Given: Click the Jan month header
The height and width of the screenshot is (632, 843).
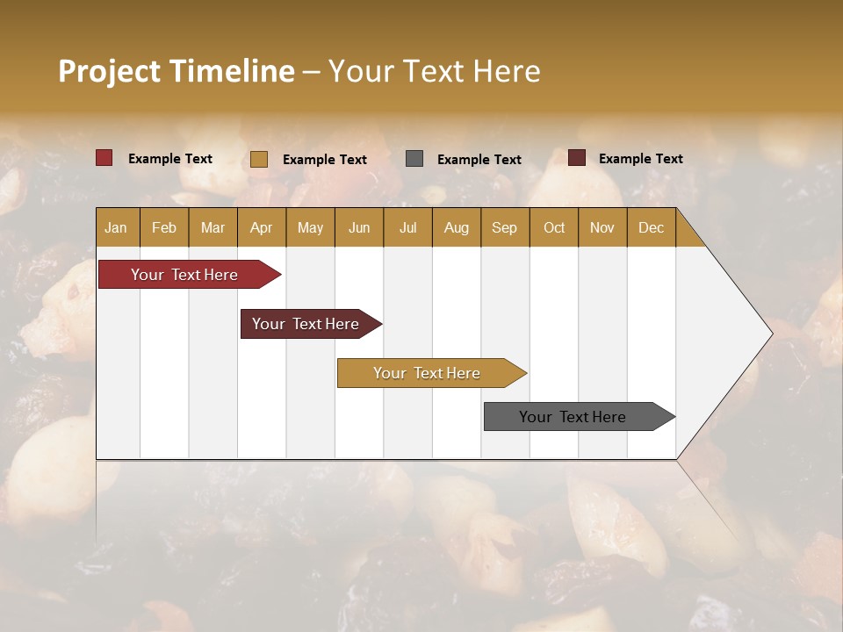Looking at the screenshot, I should click(116, 228).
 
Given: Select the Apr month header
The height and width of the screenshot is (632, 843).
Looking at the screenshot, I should click(261, 228).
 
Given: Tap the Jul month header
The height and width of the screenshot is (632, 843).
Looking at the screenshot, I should click(407, 228).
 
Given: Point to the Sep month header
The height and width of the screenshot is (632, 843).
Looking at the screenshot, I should click(504, 228).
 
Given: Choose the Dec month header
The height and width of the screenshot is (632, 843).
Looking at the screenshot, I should click(651, 228).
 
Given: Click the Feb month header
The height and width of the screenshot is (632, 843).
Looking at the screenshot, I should click(164, 228).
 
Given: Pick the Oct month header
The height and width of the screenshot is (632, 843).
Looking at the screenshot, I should click(554, 228).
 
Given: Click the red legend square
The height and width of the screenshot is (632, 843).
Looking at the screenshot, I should click(104, 158).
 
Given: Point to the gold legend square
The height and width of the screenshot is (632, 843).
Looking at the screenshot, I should click(259, 159).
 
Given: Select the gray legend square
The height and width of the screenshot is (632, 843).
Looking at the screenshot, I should click(414, 159).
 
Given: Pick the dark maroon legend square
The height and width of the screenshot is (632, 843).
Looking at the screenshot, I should click(577, 158).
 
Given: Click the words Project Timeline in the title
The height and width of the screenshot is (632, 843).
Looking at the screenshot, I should click(176, 71).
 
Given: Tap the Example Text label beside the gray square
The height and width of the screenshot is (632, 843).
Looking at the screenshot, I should click(479, 160).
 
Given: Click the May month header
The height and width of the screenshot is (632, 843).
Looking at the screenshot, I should click(310, 228).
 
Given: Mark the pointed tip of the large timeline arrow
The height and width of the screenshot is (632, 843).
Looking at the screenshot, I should click(771, 334).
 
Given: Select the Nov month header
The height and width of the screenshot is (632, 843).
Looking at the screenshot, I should click(602, 228).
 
